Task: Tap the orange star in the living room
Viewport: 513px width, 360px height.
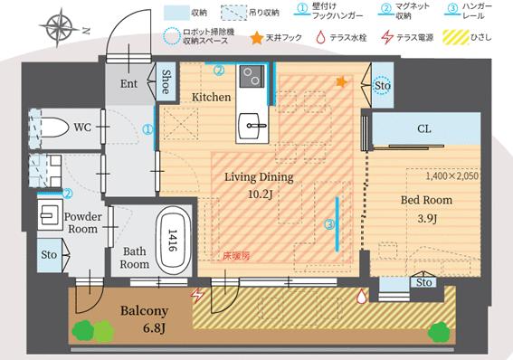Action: tap(340, 82)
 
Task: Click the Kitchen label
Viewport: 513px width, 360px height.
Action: tap(211, 97)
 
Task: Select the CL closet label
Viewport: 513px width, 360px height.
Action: tap(423, 129)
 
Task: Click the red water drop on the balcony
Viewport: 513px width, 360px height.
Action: tap(362, 294)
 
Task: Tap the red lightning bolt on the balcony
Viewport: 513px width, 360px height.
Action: tap(196, 294)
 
